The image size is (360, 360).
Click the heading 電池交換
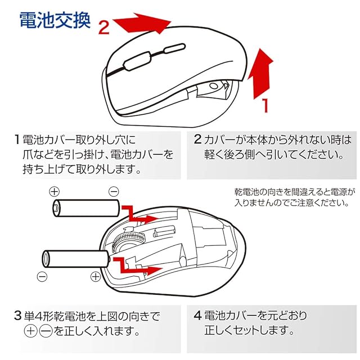54,21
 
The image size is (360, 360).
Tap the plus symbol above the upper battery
54,191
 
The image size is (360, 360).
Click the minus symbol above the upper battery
113,191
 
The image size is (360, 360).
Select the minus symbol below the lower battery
40,276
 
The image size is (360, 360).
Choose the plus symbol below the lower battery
95,276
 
